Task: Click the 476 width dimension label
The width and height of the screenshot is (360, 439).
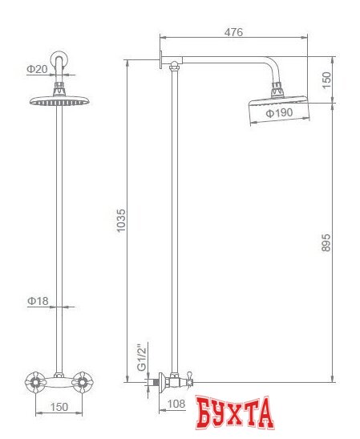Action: pyautogui.click(x=233, y=32)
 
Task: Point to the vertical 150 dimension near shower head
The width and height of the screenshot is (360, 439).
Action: pyautogui.click(x=326, y=79)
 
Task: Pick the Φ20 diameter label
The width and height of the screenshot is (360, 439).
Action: pyautogui.click(x=37, y=70)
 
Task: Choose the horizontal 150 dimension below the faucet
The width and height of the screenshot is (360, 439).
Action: pyautogui.click(x=59, y=406)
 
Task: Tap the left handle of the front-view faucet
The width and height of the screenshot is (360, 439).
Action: pyautogui.click(x=35, y=381)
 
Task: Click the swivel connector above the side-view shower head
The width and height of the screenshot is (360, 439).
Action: pyautogui.click(x=278, y=88)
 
